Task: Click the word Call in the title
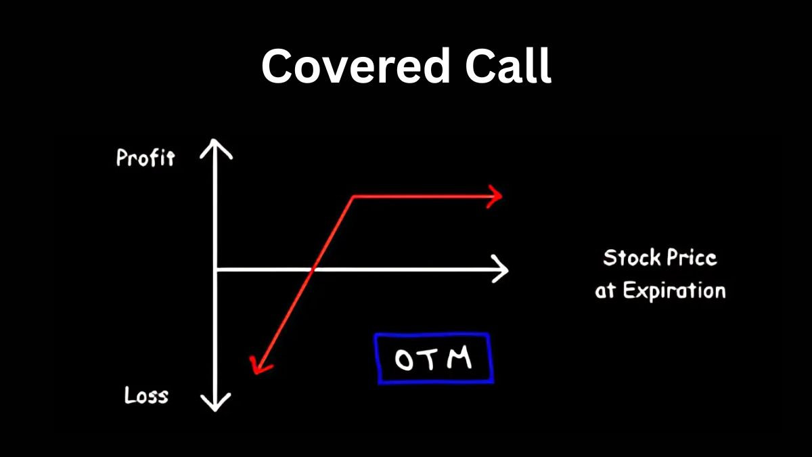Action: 509,65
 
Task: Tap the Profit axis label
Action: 145,158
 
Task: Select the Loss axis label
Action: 146,395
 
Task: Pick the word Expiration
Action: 674,291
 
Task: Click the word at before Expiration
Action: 606,291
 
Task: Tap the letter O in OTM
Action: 404,360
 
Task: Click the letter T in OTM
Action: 431,359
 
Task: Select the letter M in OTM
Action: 459,357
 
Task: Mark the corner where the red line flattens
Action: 353,197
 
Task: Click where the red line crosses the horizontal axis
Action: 313,269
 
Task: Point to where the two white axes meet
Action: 216,269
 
